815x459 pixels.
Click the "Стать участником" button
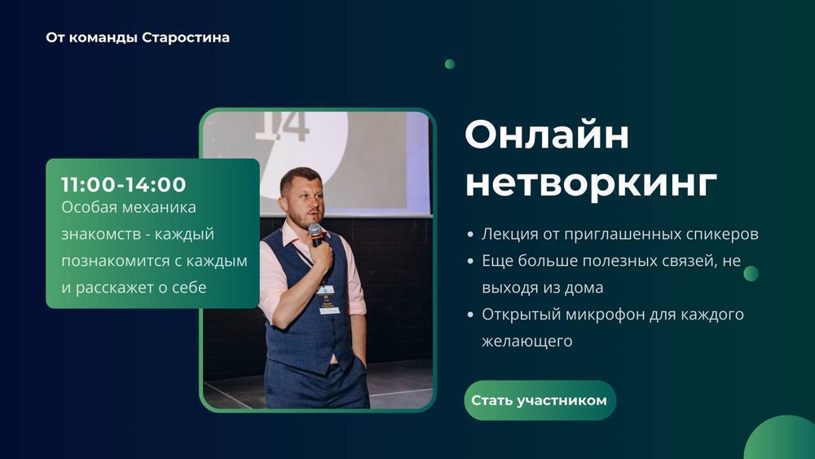tap(540, 400)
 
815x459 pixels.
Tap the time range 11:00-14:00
tap(124, 185)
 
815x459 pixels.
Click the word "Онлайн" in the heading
tap(547, 135)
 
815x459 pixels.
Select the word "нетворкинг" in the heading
tap(591, 183)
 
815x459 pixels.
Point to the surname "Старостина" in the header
tap(186, 38)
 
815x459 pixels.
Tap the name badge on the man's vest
tap(328, 300)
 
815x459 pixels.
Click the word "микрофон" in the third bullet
tap(593, 315)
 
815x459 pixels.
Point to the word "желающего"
tap(526, 342)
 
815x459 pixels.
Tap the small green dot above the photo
tap(449, 64)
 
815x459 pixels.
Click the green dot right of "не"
tap(751, 273)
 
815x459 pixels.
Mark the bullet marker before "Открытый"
tap(470, 315)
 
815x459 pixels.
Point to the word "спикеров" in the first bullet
tap(726, 235)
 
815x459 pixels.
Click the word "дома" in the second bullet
tap(583, 288)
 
